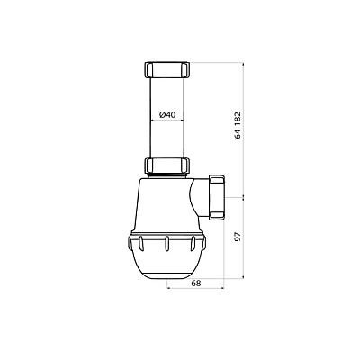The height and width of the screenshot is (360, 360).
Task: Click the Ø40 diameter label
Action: tap(167, 114)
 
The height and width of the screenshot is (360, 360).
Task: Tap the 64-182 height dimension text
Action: tap(238, 125)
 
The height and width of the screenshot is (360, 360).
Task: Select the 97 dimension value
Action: tap(238, 238)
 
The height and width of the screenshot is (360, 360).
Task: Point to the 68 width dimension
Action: tap(196, 283)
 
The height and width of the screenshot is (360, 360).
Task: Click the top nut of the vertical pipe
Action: tap(167, 70)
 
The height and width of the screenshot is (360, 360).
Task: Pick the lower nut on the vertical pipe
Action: tap(167, 165)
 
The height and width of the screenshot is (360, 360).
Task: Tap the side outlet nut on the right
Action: tap(218, 197)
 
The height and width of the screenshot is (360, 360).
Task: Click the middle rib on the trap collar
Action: tap(166, 242)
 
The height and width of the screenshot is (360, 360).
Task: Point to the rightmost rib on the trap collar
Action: tap(193, 242)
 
